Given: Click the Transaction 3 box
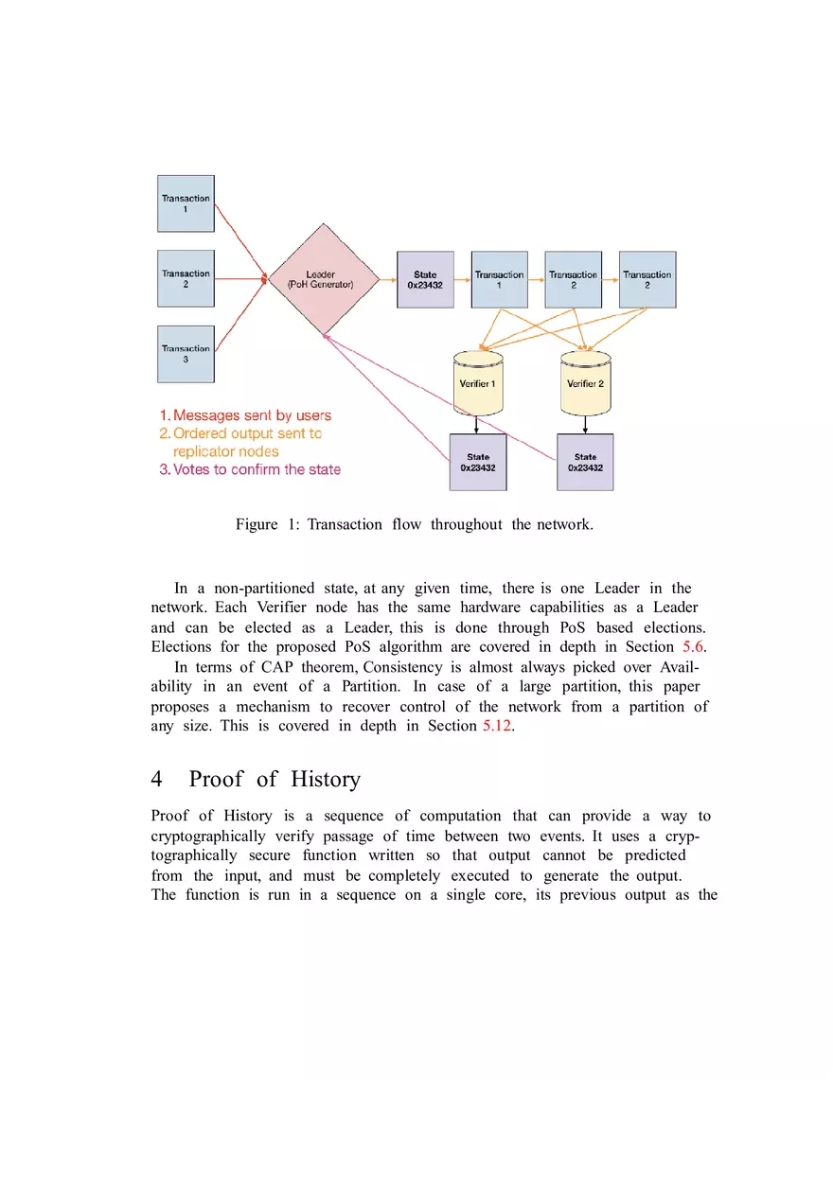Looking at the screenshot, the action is [186, 354].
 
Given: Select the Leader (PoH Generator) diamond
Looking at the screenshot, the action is [324, 279].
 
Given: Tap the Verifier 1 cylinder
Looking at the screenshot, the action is [478, 383].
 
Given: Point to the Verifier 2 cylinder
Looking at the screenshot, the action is [585, 383].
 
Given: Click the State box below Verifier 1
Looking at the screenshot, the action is [478, 462].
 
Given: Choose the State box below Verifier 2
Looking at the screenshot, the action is [585, 462].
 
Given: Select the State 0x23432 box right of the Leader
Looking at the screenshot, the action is [425, 280].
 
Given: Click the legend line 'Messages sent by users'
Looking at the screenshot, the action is [245, 415].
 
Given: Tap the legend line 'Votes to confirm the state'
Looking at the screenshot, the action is [250, 468].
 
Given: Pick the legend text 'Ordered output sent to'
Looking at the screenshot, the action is [240, 433].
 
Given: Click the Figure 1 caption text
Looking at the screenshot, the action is [414, 524].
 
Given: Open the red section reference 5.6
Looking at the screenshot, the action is [692, 646].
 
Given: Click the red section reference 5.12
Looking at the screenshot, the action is [497, 726].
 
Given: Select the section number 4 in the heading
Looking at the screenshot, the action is [156, 779].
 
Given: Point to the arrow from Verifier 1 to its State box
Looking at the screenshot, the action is [476, 425].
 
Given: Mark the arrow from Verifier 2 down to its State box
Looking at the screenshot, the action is [585, 425].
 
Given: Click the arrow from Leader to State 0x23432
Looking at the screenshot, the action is [388, 280].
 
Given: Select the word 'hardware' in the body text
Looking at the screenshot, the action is [490, 607].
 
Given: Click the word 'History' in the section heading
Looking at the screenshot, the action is [326, 779].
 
